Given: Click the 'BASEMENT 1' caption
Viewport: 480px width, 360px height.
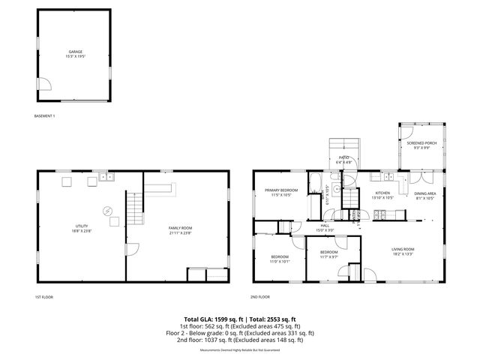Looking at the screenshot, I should (x=45, y=116).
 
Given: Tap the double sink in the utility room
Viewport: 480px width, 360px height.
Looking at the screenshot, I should (x=107, y=178).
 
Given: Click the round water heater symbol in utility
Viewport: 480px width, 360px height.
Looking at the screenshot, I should (x=107, y=211).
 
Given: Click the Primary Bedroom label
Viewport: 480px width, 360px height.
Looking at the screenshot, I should (x=281, y=192).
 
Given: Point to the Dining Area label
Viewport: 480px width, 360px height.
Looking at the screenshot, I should (x=425, y=196).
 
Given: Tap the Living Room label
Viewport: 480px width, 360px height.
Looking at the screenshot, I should (x=403, y=250).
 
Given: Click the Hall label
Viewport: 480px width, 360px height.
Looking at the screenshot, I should (x=325, y=226).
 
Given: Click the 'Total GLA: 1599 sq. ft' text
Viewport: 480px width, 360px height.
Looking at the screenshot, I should (x=211, y=319).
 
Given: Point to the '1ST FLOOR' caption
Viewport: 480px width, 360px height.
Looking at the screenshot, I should (x=43, y=297).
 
